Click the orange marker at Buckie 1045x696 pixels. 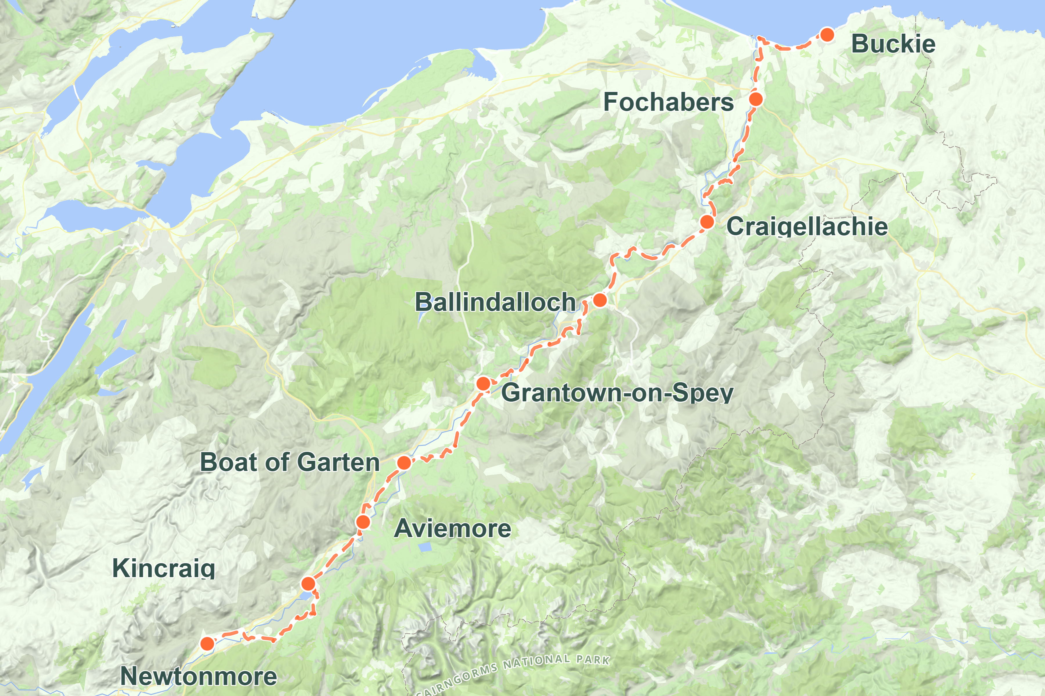pyautogui.click(x=827, y=35)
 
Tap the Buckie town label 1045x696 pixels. pyautogui.click(x=893, y=44)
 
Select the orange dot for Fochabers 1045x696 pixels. pyautogui.click(x=756, y=99)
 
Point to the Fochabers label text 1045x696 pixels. pyautogui.click(x=668, y=102)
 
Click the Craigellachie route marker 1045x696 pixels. pyautogui.click(x=707, y=222)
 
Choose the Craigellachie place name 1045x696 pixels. pyautogui.click(x=807, y=226)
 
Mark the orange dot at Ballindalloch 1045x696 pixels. pyautogui.click(x=600, y=300)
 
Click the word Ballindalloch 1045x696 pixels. pyautogui.click(x=495, y=302)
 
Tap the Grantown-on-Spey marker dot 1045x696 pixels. pyautogui.click(x=483, y=383)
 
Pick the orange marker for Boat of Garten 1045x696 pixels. pyautogui.click(x=404, y=463)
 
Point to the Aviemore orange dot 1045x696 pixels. pyautogui.click(x=363, y=522)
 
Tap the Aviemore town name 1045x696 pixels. pyautogui.click(x=452, y=529)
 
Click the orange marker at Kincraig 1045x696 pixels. pyautogui.click(x=308, y=584)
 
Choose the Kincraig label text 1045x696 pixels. pyautogui.click(x=163, y=568)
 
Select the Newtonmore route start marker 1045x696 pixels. pyautogui.click(x=207, y=644)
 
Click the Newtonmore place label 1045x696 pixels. pyautogui.click(x=199, y=677)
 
